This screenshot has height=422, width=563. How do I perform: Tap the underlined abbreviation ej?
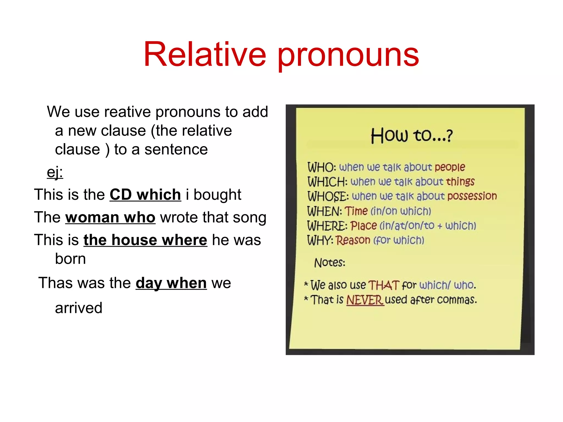pyautogui.click(x=55, y=172)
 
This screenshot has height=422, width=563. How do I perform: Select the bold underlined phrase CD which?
pyautogui.click(x=145, y=195)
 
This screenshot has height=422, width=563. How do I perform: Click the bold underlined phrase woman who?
pyautogui.click(x=110, y=217)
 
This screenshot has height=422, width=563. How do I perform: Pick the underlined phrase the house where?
pyautogui.click(x=145, y=240)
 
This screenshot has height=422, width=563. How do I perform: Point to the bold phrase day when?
pyautogui.click(x=171, y=283)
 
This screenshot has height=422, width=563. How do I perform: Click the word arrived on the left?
pyautogui.click(x=79, y=308)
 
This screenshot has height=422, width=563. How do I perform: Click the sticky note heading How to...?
pyautogui.click(x=411, y=135)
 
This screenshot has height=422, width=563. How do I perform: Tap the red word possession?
pyautogui.click(x=472, y=196)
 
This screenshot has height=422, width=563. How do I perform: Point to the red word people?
pyautogui.click(x=450, y=167)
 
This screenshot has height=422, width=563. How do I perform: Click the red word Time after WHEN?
pyautogui.click(x=356, y=211)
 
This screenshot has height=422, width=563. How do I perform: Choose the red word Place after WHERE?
pyautogui.click(x=363, y=226)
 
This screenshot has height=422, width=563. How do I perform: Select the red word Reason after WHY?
pyautogui.click(x=353, y=240)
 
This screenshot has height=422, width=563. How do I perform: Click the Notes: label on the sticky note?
pyautogui.click(x=329, y=263)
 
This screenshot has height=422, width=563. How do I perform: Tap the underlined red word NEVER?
pyautogui.click(x=365, y=300)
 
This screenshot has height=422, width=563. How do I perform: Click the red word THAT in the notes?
pyautogui.click(x=383, y=285)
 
